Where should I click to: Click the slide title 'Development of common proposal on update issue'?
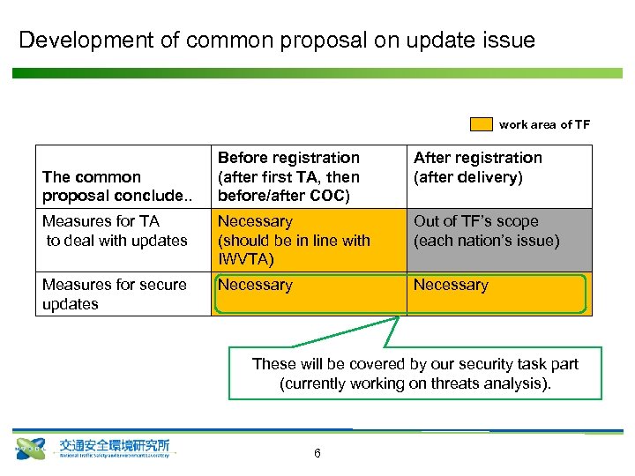(x=277, y=41)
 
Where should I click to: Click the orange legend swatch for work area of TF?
(x=481, y=124)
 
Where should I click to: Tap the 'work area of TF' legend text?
(x=544, y=124)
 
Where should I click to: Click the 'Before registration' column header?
(x=288, y=158)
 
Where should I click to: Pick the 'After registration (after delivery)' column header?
(x=478, y=167)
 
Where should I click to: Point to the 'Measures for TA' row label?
(x=101, y=221)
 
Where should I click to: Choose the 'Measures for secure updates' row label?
(x=114, y=294)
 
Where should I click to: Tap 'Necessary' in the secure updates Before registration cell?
(x=255, y=285)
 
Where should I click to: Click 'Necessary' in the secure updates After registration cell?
(x=451, y=285)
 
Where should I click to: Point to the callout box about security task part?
(x=415, y=374)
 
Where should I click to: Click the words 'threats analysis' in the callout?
(x=494, y=383)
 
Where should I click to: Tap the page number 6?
(x=317, y=453)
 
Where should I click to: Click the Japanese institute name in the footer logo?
(x=115, y=445)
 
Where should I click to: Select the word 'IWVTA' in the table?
(x=246, y=259)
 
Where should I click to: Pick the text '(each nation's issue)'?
(x=487, y=240)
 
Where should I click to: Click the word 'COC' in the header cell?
(x=331, y=195)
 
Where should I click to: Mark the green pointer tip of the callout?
(x=399, y=316)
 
